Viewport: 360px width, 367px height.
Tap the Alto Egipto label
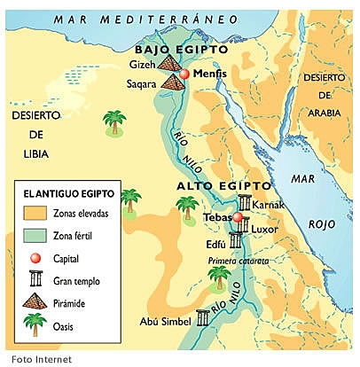click(222, 186)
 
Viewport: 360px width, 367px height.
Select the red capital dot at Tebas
click(238, 217)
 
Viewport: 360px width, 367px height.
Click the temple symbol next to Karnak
click(244, 205)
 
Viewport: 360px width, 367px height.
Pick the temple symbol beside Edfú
click(236, 240)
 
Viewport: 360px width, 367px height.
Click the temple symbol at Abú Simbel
click(203, 322)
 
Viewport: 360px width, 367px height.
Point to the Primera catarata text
click(239, 261)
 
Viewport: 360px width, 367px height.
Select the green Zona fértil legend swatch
click(33, 235)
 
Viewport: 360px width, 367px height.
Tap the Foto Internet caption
click(34, 359)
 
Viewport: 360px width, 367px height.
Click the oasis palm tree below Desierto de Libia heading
click(113, 122)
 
